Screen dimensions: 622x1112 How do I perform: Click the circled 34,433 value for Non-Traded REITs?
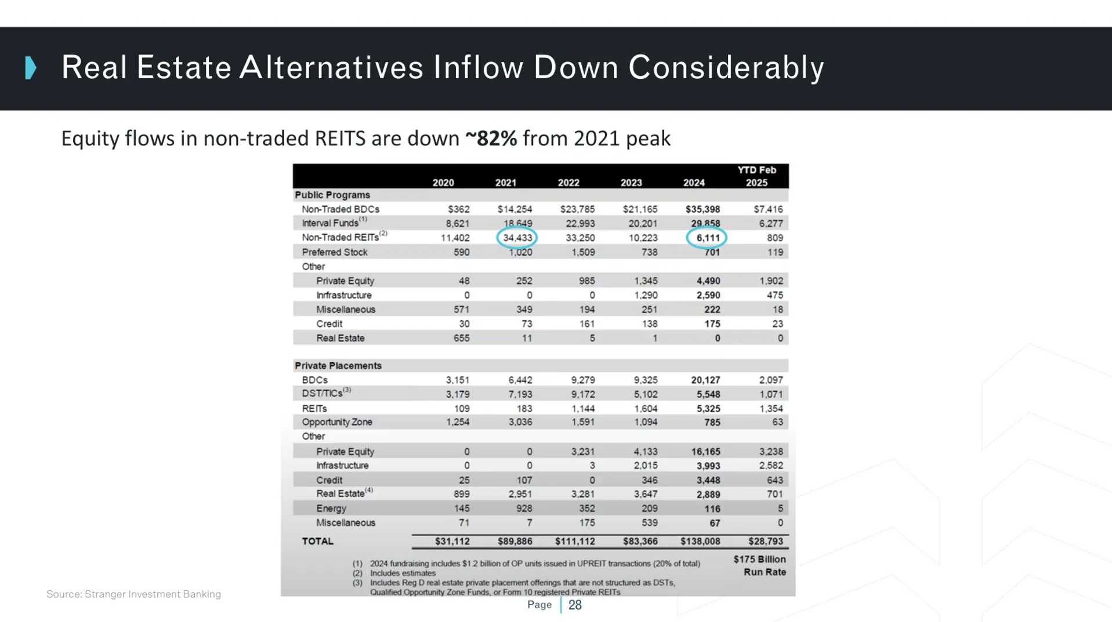tap(517, 238)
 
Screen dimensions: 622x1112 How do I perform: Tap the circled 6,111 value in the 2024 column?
tap(707, 238)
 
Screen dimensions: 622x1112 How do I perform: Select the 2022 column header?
tap(568, 183)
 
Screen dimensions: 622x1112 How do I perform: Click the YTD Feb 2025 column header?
tap(756, 176)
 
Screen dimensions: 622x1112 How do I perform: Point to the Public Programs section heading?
tap(332, 195)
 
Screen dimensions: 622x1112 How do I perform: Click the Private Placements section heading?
tap(338, 366)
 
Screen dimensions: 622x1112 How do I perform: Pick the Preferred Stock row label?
tap(334, 252)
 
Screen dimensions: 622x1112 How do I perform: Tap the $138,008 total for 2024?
tap(700, 541)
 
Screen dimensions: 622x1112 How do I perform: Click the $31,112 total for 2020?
tap(452, 541)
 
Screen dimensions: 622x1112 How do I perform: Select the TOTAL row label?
tap(317, 541)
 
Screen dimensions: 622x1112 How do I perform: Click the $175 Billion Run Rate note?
tap(759, 566)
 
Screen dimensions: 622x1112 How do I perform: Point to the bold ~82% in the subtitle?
tap(491, 139)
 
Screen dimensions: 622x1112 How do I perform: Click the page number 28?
tap(574, 605)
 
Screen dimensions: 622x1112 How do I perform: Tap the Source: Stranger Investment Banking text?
tap(133, 594)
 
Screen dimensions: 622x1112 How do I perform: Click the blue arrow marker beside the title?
tap(31, 68)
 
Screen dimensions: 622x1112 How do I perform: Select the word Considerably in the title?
tap(726, 68)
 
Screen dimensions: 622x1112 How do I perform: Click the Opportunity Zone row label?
tap(336, 422)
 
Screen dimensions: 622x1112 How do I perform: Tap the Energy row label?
tap(331, 508)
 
